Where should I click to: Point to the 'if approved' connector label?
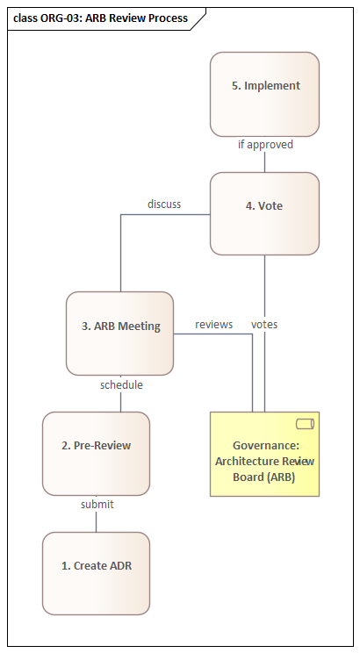tap(265, 145)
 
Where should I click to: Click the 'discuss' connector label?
tap(164, 205)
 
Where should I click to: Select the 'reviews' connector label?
tap(213, 325)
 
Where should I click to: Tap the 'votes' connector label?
tap(264, 325)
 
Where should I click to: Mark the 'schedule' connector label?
tap(121, 384)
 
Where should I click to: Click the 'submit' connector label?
tap(97, 505)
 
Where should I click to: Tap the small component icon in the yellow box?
tap(305, 424)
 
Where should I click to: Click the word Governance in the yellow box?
tap(264, 446)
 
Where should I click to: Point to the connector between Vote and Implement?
tap(264, 161)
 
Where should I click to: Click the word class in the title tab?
tap(25, 18)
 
